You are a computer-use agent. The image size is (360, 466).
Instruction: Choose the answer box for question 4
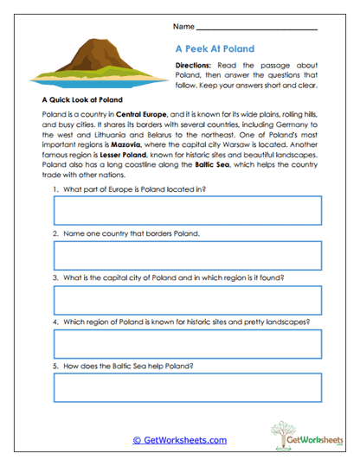coord(188,344)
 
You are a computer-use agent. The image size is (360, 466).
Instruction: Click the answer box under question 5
coord(188,388)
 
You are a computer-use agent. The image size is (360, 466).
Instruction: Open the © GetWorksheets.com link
coord(180,440)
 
